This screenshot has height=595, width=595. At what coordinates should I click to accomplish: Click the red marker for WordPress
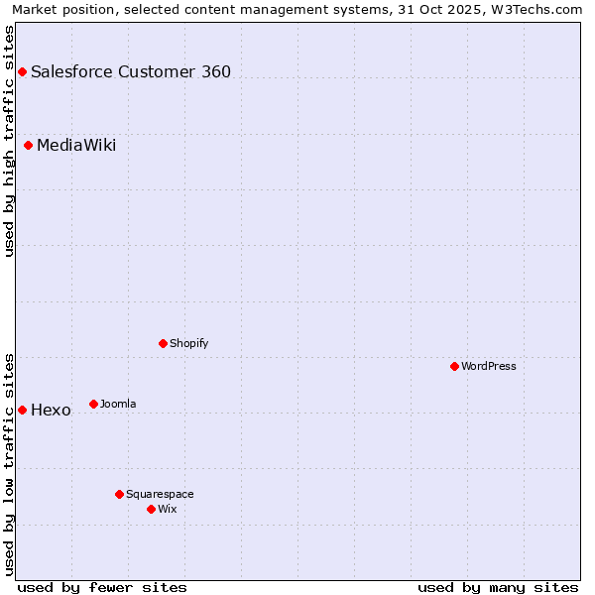pos(454,366)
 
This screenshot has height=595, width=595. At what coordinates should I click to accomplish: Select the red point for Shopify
pos(163,343)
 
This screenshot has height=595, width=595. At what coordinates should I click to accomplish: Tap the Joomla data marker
pos(93,404)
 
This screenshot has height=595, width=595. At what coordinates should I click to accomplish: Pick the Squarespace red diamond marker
pos(119,494)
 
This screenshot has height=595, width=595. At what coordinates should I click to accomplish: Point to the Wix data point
pos(151,509)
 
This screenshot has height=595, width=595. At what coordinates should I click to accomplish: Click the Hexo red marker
pos(22,410)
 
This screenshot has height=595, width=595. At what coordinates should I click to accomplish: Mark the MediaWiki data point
pos(28,146)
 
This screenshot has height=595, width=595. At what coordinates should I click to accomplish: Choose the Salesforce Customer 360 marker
pos(22,71)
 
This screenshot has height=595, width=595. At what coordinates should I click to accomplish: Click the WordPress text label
pos(489,366)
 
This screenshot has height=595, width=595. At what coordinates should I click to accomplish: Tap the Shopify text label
pos(188,343)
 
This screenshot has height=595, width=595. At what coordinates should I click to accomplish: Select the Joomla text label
pos(118,404)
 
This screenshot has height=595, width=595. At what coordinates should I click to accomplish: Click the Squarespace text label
pos(160,494)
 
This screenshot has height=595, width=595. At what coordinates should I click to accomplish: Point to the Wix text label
pos(168,509)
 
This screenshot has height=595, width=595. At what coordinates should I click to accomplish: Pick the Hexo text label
pos(51,411)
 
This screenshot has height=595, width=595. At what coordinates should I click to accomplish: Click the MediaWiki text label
pos(76,146)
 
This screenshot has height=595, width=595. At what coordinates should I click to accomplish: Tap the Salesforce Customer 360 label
pos(131,71)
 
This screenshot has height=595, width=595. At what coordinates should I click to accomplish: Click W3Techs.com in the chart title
pos(538,9)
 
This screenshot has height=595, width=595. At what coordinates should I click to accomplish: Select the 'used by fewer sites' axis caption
pos(102,587)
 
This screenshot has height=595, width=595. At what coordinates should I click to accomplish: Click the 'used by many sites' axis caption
pos(498,587)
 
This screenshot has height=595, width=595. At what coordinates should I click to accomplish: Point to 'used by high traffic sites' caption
pos(9,141)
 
